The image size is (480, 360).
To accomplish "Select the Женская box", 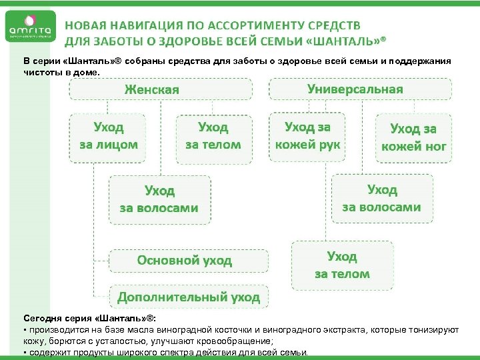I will (x=161, y=89).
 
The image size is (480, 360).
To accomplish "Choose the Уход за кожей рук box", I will (x=307, y=135).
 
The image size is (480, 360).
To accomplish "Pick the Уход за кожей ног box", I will (x=413, y=137).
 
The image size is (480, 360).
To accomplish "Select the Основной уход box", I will (x=189, y=260).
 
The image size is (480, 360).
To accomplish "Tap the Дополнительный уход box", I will (x=189, y=296).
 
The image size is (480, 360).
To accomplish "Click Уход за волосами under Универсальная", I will (x=381, y=198).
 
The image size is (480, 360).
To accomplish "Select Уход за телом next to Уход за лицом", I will (x=213, y=135).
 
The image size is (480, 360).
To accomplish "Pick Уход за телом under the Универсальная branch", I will (x=342, y=265).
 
